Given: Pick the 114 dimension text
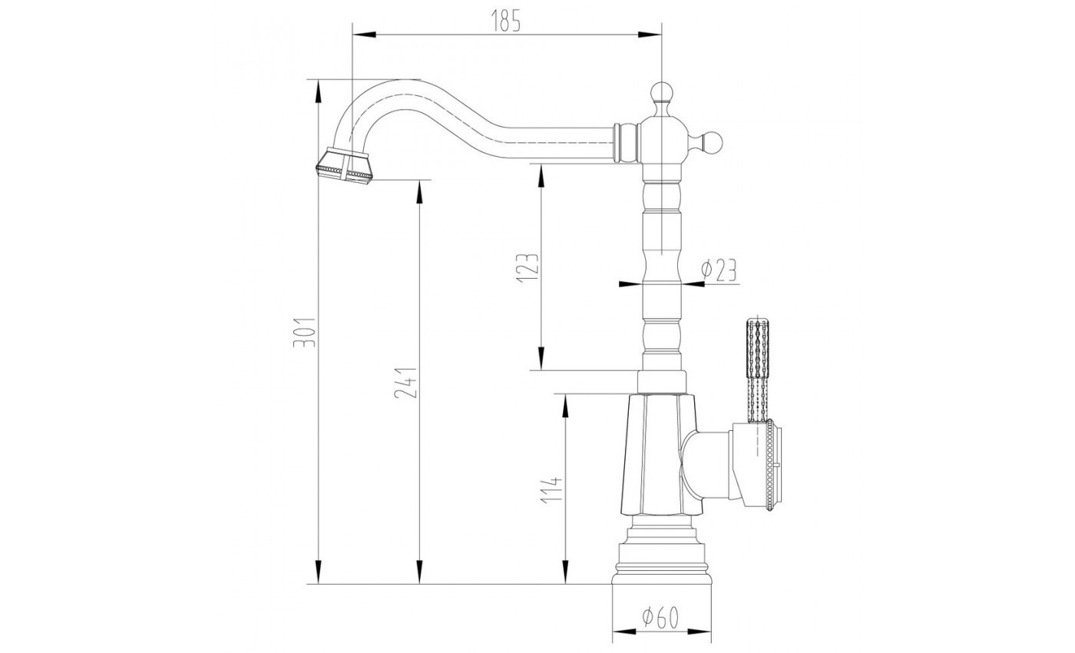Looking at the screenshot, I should (x=553, y=489).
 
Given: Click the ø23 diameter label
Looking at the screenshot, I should (x=719, y=270).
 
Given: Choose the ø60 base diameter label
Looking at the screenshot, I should (x=660, y=616).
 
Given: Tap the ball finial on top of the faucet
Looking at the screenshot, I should (x=661, y=92).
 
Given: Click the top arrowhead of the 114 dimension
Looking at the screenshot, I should (x=565, y=401).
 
